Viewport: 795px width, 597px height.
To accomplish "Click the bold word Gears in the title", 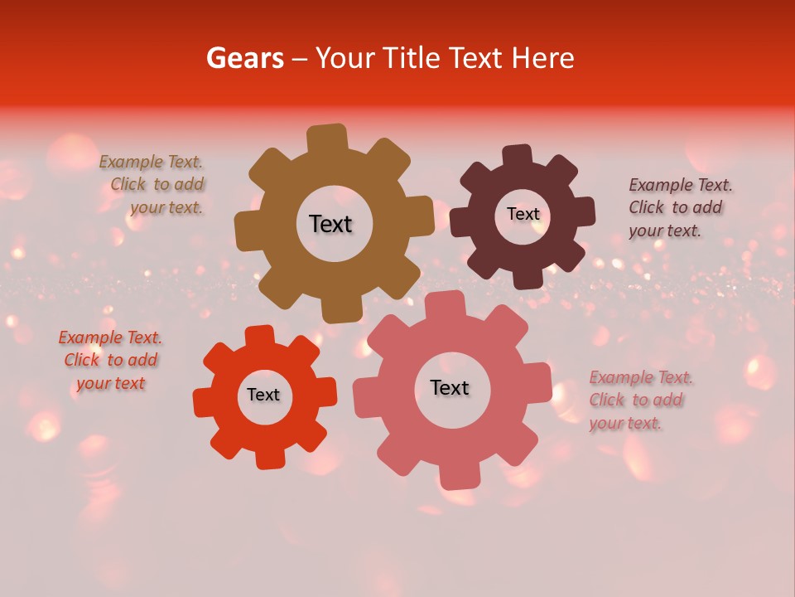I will [244, 58].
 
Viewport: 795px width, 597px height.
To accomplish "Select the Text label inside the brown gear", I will [330, 224].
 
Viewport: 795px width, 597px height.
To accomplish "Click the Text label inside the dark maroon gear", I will [523, 214].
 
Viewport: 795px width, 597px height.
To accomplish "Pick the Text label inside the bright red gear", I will [263, 395].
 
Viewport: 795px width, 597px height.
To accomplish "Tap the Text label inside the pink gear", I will [450, 387].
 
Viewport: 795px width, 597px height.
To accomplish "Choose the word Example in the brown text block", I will [132, 163].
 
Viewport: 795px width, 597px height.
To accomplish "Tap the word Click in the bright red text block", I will [82, 361].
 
